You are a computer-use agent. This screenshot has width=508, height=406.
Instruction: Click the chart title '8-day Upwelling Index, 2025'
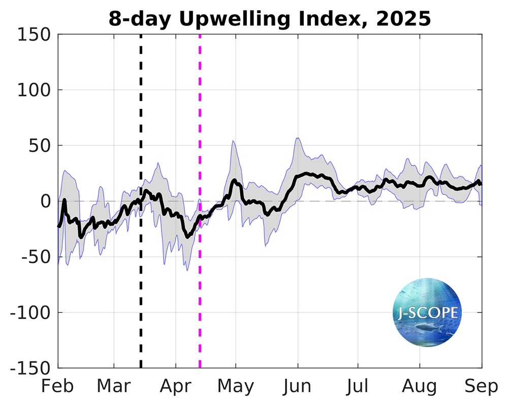(x=270, y=19)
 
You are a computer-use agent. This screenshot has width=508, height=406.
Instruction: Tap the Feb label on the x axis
(x=58, y=387)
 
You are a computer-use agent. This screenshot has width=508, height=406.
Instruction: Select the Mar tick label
(x=114, y=387)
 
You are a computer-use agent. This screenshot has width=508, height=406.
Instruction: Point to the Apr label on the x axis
(x=175, y=387)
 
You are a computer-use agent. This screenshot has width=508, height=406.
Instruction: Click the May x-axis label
(x=236, y=387)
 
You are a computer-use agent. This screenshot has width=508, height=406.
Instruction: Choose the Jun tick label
(x=298, y=387)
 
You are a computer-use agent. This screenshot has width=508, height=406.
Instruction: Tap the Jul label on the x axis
(x=358, y=387)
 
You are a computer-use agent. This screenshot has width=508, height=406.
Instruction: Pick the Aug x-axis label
(x=420, y=387)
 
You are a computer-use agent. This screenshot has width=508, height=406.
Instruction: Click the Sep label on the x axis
(x=481, y=387)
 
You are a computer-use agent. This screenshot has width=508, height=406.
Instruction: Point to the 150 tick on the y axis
(x=34, y=35)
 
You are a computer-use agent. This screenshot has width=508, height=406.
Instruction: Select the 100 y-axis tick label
(x=34, y=90)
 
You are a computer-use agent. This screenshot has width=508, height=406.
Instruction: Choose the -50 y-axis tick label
(x=35, y=257)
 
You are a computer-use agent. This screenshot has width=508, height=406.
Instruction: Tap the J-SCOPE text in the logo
(x=427, y=312)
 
